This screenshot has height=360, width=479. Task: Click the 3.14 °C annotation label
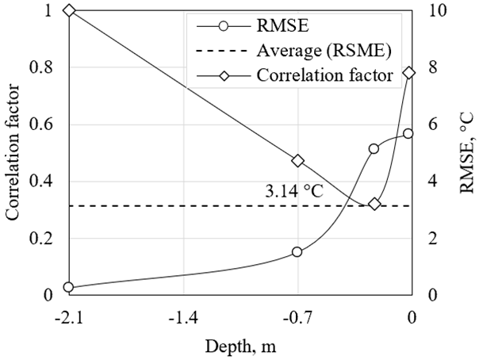click(295, 191)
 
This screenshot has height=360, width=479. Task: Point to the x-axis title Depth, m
click(240, 347)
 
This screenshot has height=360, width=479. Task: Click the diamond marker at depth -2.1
click(69, 10)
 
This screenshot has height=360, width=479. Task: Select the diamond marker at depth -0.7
click(298, 160)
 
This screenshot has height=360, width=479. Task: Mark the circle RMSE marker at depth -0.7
click(297, 252)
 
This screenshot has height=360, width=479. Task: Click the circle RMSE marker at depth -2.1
click(69, 287)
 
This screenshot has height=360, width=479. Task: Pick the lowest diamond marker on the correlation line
click(375, 204)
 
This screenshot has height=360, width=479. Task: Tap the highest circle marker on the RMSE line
click(408, 133)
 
